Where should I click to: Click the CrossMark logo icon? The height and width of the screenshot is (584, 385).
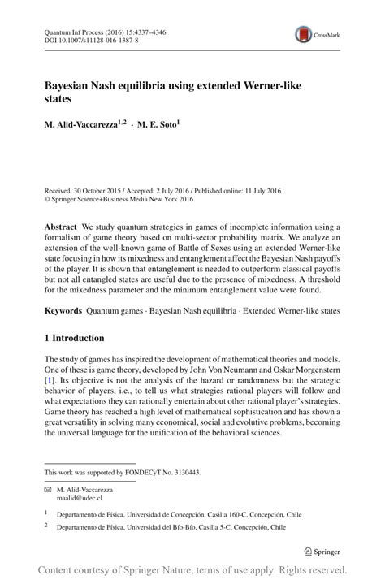pos(303,34)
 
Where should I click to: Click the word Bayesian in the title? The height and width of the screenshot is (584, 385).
pos(74,84)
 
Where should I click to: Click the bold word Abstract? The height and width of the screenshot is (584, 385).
pos(61,226)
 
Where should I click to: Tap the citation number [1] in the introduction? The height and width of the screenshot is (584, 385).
pos(50,379)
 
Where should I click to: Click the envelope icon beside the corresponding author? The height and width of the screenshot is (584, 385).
pos(49,491)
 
